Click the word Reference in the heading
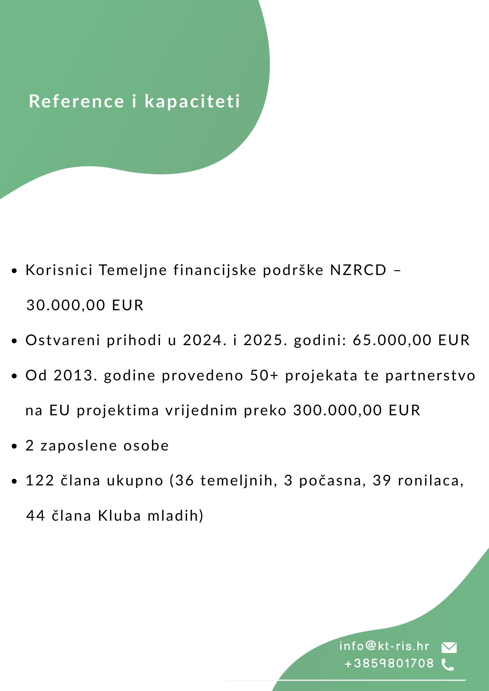coord(76,101)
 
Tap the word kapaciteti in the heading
coord(192,101)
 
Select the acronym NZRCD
coord(358,270)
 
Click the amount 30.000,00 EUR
coord(85,305)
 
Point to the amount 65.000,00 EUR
coord(411,340)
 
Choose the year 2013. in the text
coord(75,376)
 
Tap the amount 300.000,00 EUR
coord(357,410)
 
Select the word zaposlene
coord(79,446)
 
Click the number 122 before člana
coord(40,481)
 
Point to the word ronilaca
coord(430,481)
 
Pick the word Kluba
coord(119,516)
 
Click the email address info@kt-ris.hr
coord(384,646)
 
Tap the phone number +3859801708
coord(389,663)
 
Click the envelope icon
coord(449,647)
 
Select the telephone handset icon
coord(448,664)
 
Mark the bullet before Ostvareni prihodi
coord(14,341)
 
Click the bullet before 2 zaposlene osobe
coord(14,446)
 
